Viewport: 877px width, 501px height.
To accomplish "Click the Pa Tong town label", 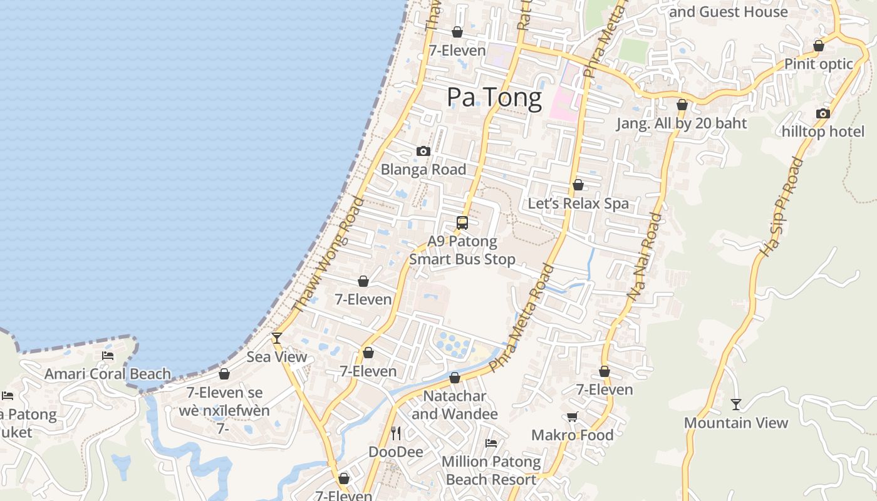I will point(494,98).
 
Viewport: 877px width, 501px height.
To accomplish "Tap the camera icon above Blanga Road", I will point(423,151).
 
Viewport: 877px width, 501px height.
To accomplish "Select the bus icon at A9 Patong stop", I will point(462,222).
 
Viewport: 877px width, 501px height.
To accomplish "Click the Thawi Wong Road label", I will point(328,254).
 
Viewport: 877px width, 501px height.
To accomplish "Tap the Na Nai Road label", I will point(644,257).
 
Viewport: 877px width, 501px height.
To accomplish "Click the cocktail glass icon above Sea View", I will point(276,338).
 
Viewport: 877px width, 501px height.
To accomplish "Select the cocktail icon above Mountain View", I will point(735,405).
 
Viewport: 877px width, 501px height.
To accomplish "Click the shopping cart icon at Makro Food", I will point(572,416).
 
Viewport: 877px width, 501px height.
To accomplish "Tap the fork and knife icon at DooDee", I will point(395,433).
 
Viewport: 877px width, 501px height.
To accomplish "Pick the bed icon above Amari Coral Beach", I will point(108,356).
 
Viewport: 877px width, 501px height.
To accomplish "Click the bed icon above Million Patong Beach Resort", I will point(491,443).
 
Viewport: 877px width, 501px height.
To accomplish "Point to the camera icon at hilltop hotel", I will point(823,113).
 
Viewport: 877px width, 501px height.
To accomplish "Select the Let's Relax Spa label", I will point(578,204).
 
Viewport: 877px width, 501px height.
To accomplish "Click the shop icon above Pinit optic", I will point(818,46).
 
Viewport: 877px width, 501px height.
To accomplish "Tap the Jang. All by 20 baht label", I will point(682,123).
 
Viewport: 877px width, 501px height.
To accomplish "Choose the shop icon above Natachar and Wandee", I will point(455,378).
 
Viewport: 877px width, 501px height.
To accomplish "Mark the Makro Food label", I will point(572,435).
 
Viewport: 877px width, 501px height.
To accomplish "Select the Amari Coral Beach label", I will point(108,374).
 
